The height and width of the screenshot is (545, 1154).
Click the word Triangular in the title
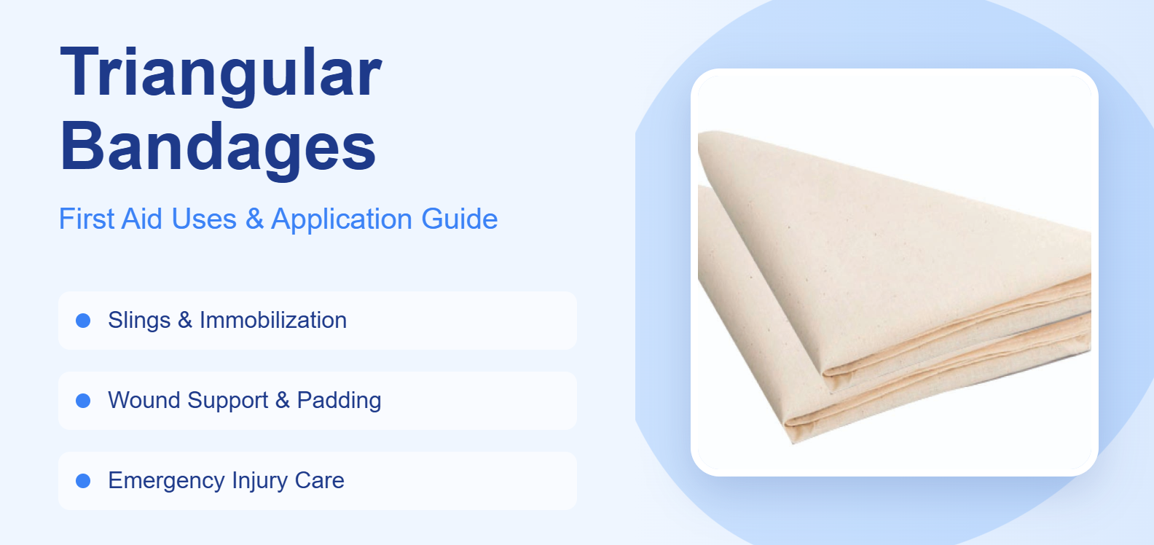(x=221, y=73)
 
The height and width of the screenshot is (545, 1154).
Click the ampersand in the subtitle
(x=254, y=219)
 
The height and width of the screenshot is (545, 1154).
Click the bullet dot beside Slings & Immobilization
(x=83, y=321)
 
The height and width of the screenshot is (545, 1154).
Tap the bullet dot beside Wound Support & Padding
(x=83, y=401)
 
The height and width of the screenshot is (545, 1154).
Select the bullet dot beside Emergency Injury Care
(x=83, y=481)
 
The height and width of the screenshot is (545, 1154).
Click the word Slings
(x=139, y=321)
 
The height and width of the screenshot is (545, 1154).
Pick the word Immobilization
(x=273, y=321)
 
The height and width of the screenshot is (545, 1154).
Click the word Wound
(x=144, y=401)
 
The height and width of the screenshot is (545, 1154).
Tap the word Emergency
(x=166, y=481)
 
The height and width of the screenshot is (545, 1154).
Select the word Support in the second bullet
(x=227, y=401)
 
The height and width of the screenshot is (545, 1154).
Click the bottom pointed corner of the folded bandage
(x=793, y=441)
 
